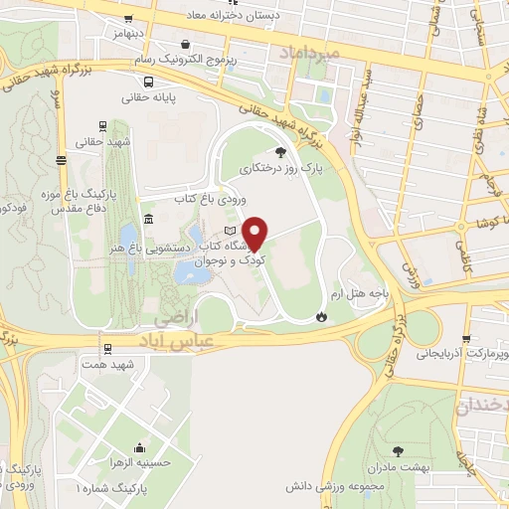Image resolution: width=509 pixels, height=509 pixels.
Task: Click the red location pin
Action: tap(256, 234)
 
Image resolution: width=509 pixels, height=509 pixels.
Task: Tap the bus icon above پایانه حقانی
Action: tap(147, 83)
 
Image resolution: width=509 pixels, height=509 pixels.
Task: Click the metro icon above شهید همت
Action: tap(106, 348)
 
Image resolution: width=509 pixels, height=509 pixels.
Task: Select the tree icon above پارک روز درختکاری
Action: tap(281, 152)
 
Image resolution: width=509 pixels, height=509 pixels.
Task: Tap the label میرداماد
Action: tap(310, 51)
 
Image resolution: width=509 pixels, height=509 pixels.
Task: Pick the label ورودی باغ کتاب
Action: tap(209, 200)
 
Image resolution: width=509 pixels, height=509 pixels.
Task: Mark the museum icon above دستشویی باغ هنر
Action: tap(148, 219)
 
